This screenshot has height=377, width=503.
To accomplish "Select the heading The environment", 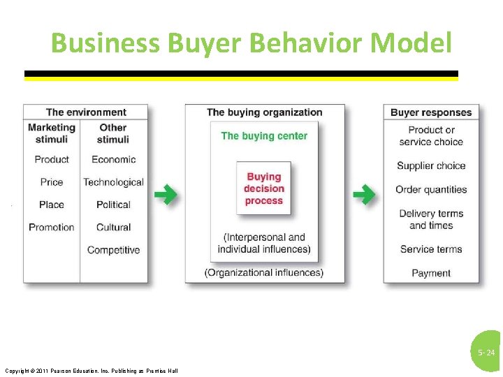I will point(86,112).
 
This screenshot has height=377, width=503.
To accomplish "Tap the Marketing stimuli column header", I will point(52,133).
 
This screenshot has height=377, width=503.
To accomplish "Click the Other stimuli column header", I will point(112,133).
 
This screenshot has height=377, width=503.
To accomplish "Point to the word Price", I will point(52,182).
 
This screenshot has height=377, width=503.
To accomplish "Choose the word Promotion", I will point(52,227).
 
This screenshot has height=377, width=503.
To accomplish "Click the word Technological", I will point(113,182).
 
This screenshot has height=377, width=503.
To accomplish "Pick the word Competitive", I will point(113,250).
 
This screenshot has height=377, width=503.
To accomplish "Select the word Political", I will point(113,205).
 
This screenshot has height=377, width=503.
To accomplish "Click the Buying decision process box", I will point(264,188).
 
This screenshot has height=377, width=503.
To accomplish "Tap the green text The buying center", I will point(264,136).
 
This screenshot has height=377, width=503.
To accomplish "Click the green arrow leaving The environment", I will point(165,194).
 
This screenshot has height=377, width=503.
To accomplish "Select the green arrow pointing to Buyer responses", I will point(363,194).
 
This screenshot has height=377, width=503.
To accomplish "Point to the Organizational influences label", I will point(264,273).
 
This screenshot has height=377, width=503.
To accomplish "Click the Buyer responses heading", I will point(431,112).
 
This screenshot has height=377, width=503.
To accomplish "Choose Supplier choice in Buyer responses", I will point(431,165).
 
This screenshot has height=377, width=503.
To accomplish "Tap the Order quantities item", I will point(431,189).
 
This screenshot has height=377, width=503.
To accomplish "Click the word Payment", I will point(431,273).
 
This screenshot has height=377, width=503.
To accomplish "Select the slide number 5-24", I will point(486,353).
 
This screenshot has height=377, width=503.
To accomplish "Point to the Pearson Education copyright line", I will point(91,371).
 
